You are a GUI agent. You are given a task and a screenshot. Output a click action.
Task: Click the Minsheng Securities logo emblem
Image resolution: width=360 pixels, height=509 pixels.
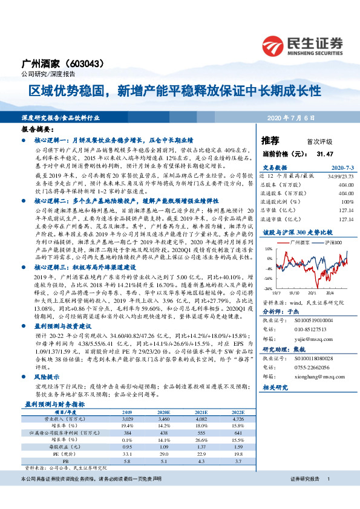(275, 44)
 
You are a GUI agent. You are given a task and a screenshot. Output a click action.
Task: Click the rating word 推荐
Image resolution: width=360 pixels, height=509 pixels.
(270, 140)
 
